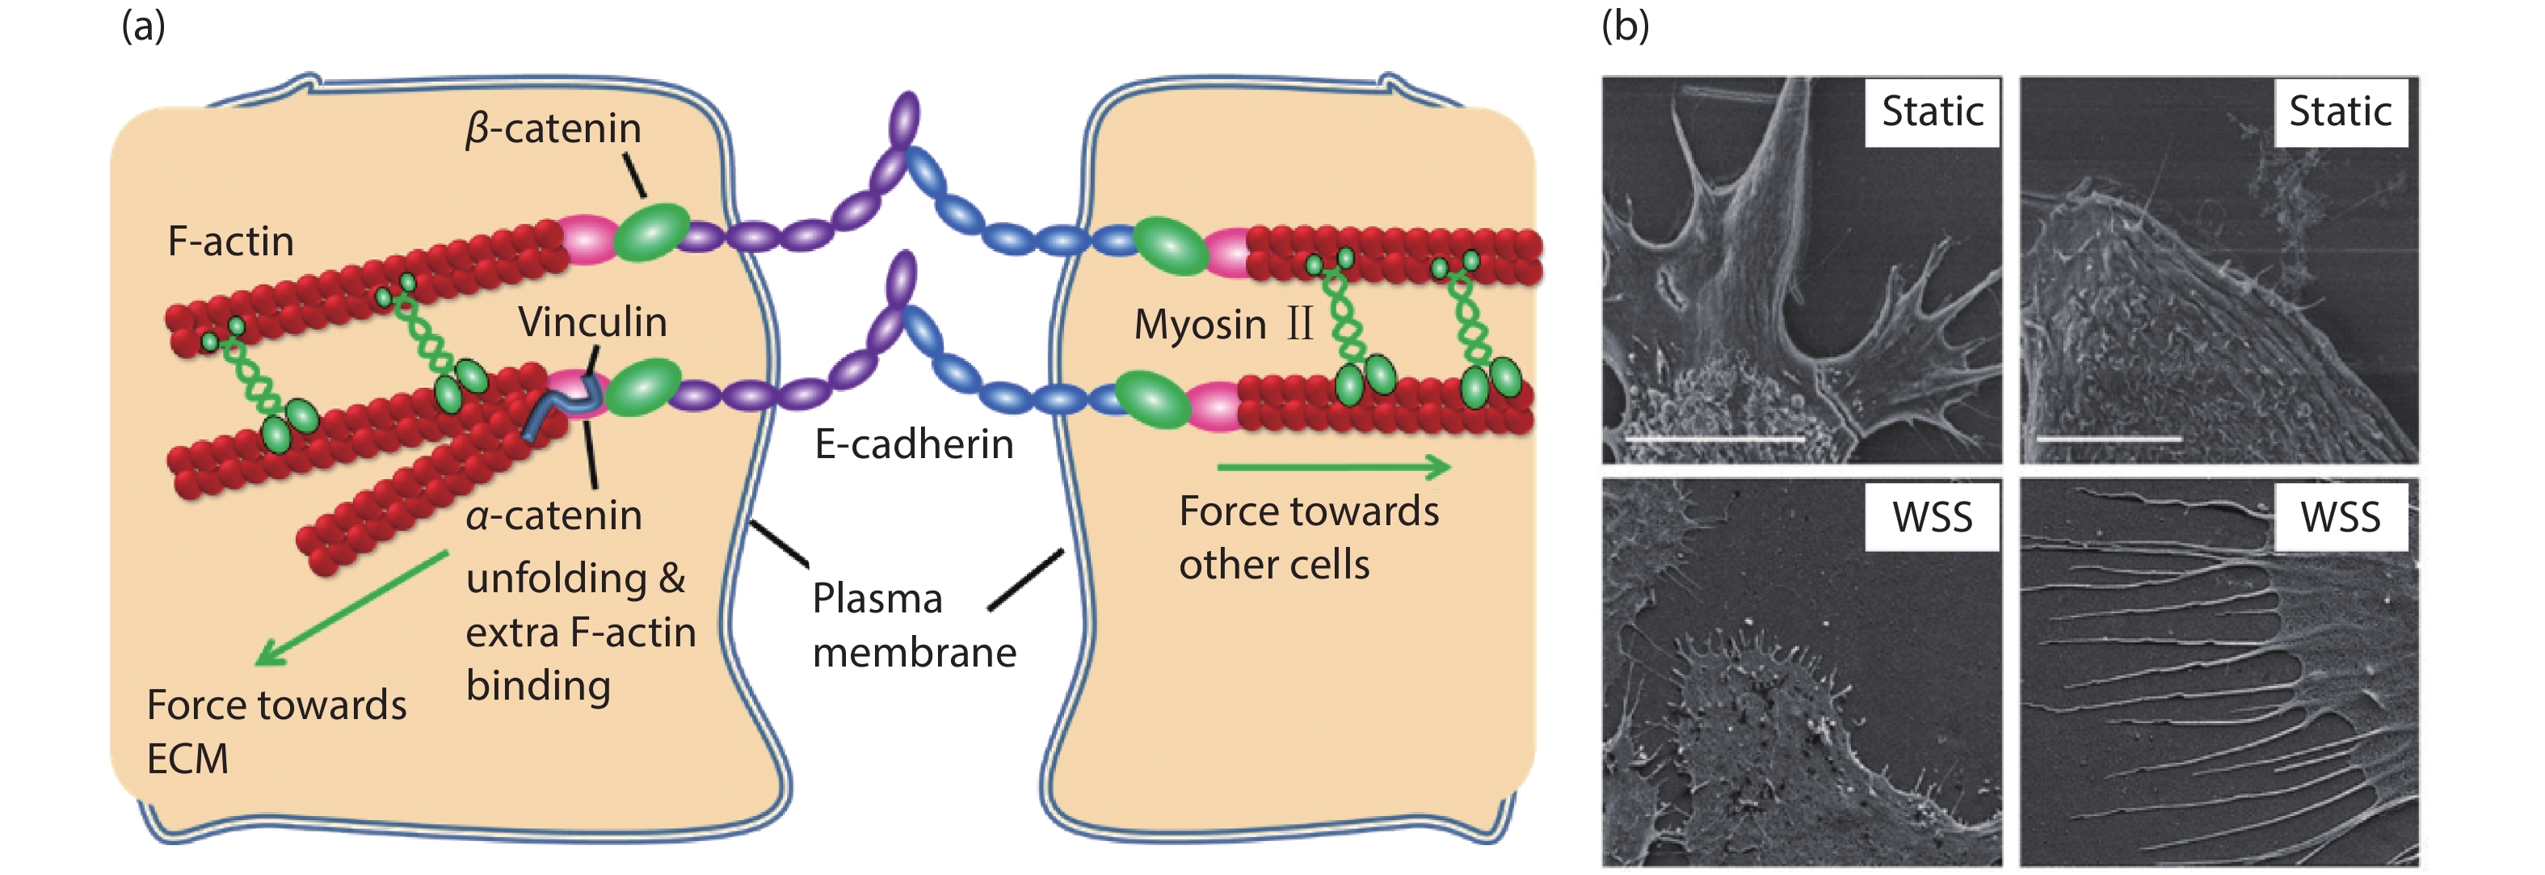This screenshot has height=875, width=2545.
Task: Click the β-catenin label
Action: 553,129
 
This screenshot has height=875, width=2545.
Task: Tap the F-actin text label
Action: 230,242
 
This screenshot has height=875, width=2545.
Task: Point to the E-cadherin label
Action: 914,444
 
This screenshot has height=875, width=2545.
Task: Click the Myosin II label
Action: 1223,325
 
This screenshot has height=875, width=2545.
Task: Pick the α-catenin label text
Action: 553,515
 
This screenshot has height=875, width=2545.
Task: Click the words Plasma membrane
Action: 914,625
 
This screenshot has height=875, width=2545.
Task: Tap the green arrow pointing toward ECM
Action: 351,608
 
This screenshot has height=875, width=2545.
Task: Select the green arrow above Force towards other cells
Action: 1334,467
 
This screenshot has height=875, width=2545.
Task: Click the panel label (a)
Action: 143,26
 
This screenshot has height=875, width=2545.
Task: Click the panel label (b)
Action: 1626,26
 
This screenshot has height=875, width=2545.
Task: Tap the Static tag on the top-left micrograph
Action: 1932,111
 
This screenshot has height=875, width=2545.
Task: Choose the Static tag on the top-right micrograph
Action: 2340,111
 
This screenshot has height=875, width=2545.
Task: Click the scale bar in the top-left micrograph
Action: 1714,439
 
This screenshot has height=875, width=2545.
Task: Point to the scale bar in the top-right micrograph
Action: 2110,439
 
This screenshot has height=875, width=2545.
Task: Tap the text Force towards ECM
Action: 276,732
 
